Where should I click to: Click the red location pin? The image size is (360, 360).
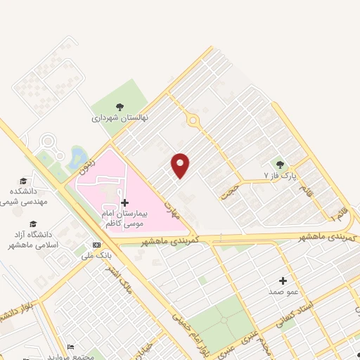(x=181, y=165)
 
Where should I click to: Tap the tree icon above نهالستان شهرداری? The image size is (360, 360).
(x=120, y=107)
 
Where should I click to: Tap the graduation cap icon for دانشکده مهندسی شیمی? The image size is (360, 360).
(x=24, y=181)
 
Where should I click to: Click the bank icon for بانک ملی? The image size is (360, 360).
(x=96, y=245)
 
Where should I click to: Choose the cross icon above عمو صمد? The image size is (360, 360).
(x=284, y=281)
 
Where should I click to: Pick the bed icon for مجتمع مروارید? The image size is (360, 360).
(x=70, y=347)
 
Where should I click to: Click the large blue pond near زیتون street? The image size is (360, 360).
(x=77, y=156)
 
